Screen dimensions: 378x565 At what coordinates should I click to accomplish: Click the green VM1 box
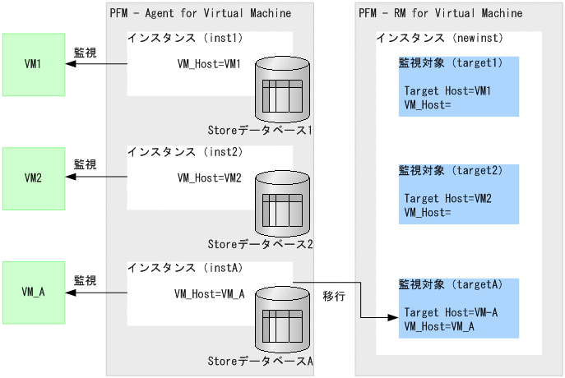click(34, 64)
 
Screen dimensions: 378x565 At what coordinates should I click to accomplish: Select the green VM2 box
click(34, 177)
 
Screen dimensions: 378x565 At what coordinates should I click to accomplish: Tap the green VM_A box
click(34, 292)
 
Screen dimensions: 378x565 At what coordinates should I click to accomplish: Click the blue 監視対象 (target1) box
click(459, 86)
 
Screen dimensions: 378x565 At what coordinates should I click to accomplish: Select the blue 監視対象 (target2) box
click(459, 194)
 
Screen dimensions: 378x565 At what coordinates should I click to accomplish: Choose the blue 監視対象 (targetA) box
click(459, 308)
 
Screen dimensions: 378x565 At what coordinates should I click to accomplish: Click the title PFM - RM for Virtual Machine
click(440, 13)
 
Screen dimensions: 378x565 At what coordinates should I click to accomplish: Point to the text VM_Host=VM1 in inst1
click(210, 63)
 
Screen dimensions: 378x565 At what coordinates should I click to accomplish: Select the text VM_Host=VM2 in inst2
click(210, 177)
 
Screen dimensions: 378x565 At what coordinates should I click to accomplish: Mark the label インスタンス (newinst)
click(439, 38)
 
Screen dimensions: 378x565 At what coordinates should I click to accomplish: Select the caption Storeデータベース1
click(261, 130)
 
